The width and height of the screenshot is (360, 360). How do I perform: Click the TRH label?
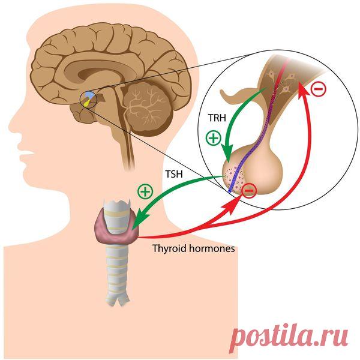tap(217, 118)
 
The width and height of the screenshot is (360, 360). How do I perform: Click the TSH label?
tap(174, 174)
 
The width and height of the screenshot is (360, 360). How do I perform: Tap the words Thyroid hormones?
tap(194, 248)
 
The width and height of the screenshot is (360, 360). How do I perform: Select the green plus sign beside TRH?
tap(213, 138)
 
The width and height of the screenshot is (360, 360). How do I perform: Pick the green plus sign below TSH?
tap(145, 191)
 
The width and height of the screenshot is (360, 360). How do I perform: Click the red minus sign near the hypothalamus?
tap(319, 89)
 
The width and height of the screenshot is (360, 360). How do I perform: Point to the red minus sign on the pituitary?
tap(249, 191)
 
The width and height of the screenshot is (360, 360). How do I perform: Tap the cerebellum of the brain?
tap(146, 108)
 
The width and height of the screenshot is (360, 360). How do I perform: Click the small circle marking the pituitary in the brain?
tap(89, 100)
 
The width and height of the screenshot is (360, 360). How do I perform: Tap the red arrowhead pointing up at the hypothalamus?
tap(304, 91)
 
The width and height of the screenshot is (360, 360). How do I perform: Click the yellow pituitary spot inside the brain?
tap(86, 103)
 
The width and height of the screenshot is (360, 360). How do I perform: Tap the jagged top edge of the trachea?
tap(118, 202)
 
